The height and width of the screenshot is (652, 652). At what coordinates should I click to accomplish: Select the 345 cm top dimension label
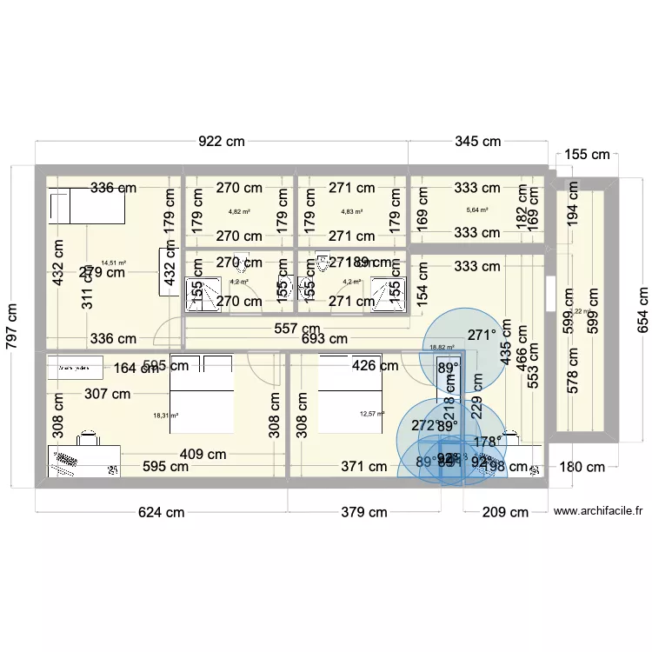point(478,141)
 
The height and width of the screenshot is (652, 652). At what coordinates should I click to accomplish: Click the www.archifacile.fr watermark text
point(597,512)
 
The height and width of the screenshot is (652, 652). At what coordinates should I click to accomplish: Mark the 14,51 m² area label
point(113,263)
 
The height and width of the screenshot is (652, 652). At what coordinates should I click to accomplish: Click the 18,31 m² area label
point(165,416)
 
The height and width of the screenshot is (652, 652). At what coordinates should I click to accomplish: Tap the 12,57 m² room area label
point(371,414)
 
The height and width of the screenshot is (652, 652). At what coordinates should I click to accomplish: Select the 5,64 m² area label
point(477,210)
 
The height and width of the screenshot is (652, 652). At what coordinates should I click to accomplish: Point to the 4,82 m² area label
point(239,211)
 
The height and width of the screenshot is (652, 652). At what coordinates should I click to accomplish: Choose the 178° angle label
point(488,442)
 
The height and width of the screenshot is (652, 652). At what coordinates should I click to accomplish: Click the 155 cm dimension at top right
point(588,155)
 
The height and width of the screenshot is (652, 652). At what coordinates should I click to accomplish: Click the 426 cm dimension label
point(375,366)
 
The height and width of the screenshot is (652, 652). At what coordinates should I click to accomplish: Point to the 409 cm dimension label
point(203,453)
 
